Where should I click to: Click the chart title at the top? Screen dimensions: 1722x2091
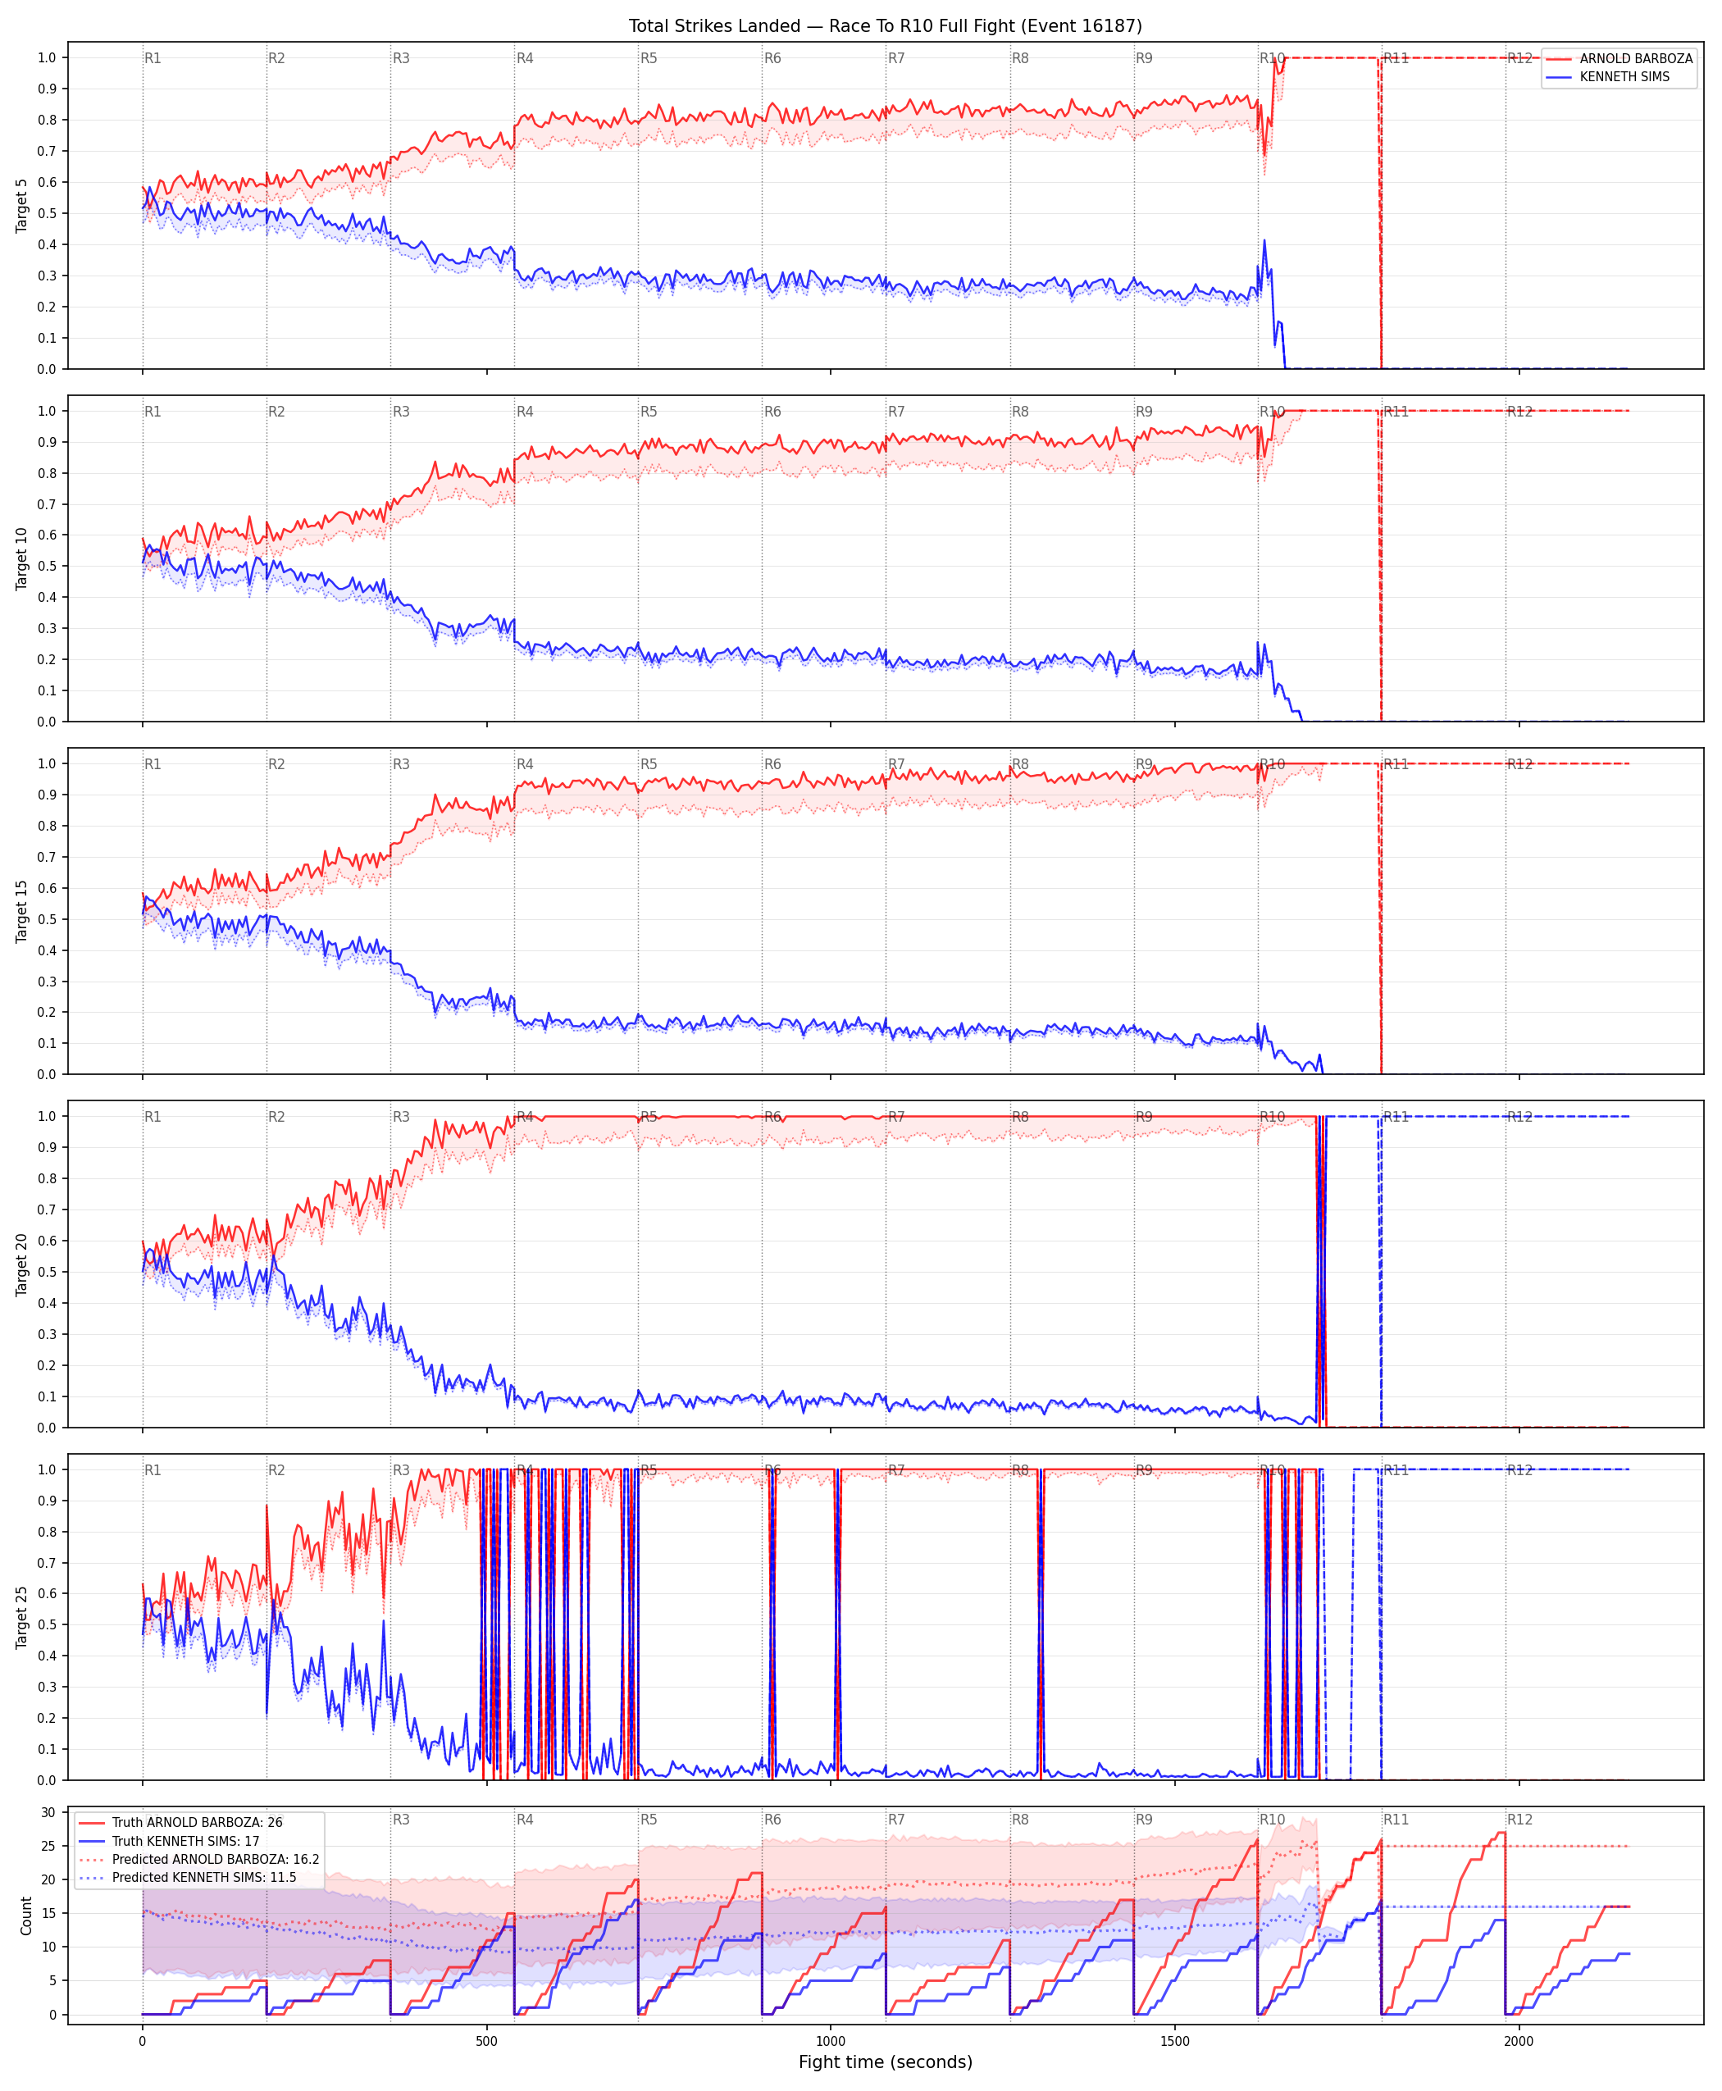pyautogui.click(x=885, y=25)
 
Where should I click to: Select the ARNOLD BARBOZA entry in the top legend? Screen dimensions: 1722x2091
pyautogui.click(x=1636, y=58)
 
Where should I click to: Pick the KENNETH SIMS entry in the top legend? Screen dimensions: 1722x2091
pyautogui.click(x=1624, y=76)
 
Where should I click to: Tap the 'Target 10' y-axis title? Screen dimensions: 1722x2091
pyautogui.click(x=22, y=558)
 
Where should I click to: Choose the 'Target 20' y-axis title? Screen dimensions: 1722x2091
pyautogui.click(x=22, y=1264)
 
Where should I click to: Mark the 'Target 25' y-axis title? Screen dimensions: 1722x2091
pyautogui.click(x=22, y=1618)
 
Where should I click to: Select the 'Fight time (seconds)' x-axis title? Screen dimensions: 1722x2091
pyautogui.click(x=885, y=2062)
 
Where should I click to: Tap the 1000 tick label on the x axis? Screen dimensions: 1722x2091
pyautogui.click(x=830, y=2042)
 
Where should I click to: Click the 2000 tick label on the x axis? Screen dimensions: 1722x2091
pyautogui.click(x=1519, y=2042)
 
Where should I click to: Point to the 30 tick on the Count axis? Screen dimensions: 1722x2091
pyautogui.click(x=48, y=1812)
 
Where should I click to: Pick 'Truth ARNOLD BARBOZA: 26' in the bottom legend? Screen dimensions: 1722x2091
pyautogui.click(x=198, y=1822)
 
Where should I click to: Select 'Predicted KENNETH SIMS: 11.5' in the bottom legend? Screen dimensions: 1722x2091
pyautogui.click(x=204, y=1878)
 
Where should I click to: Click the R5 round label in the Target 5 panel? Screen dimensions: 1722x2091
pyautogui.click(x=649, y=58)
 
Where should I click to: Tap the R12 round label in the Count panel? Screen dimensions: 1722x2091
pyautogui.click(x=1519, y=1820)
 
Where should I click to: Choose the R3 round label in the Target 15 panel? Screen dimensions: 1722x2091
pyautogui.click(x=401, y=765)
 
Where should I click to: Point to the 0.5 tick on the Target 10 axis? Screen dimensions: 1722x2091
pyautogui.click(x=48, y=567)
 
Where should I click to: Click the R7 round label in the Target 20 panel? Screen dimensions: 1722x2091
pyautogui.click(x=897, y=1117)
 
